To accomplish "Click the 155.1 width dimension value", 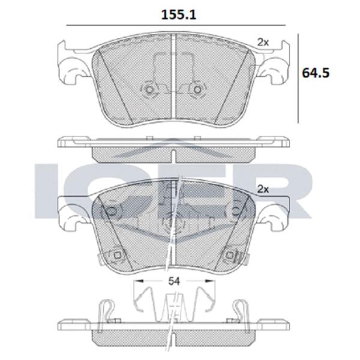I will coord(172,13).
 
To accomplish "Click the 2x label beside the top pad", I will coord(262,41).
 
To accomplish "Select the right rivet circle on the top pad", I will coord(196,90).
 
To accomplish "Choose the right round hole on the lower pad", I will coord(237,210).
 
